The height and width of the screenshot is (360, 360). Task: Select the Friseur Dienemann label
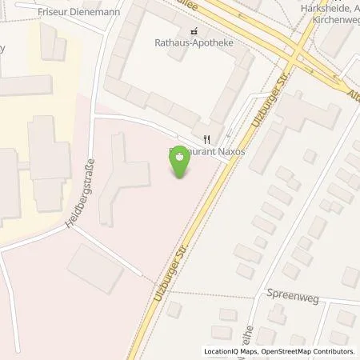coord(62,9)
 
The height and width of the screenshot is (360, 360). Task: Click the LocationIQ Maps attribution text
coord(233,351)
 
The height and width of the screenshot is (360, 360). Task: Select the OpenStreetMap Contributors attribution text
coord(309,351)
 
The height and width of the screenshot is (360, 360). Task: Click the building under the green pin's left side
coord(124,172)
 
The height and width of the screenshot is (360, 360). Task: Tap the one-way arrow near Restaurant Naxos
coord(229,133)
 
